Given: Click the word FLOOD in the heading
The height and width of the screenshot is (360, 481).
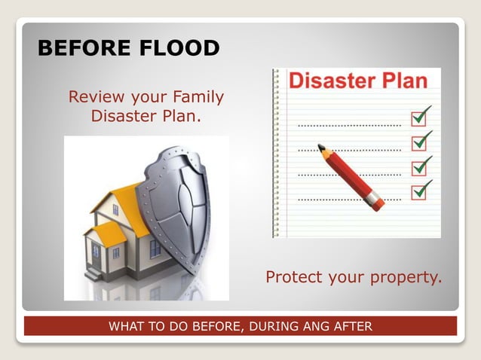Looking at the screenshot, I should (175, 48).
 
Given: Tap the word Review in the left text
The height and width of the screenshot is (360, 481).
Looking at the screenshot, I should (94, 97).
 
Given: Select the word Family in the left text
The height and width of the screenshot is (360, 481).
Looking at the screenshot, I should (198, 97).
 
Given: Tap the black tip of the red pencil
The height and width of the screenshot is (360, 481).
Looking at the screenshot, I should (320, 147).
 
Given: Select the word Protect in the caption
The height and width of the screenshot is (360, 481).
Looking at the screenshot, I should (294, 278).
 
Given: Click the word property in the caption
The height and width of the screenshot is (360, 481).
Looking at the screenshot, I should (405, 278).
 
